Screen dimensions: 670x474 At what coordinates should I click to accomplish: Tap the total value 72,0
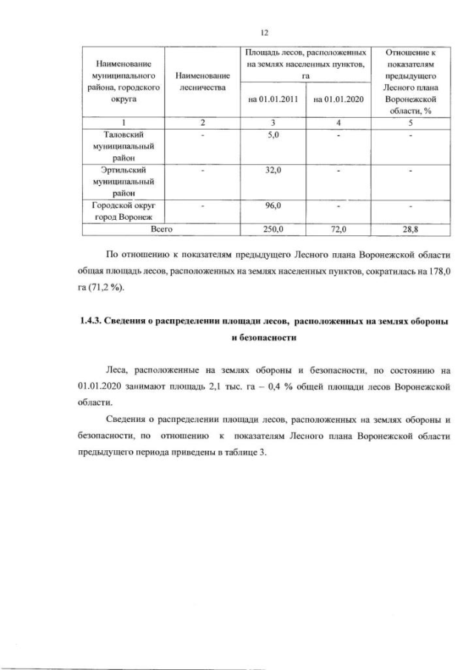[x=338, y=230]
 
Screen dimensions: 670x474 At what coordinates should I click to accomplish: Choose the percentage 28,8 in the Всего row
[x=410, y=230]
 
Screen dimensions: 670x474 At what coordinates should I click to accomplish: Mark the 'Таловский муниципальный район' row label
[x=123, y=146]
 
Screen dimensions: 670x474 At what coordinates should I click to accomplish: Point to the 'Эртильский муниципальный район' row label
[x=123, y=182]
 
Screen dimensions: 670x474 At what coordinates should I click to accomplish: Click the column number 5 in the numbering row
[x=410, y=122]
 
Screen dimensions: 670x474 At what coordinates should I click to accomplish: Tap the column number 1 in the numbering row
[x=123, y=122]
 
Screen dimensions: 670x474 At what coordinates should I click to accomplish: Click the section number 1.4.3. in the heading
[x=93, y=321]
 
